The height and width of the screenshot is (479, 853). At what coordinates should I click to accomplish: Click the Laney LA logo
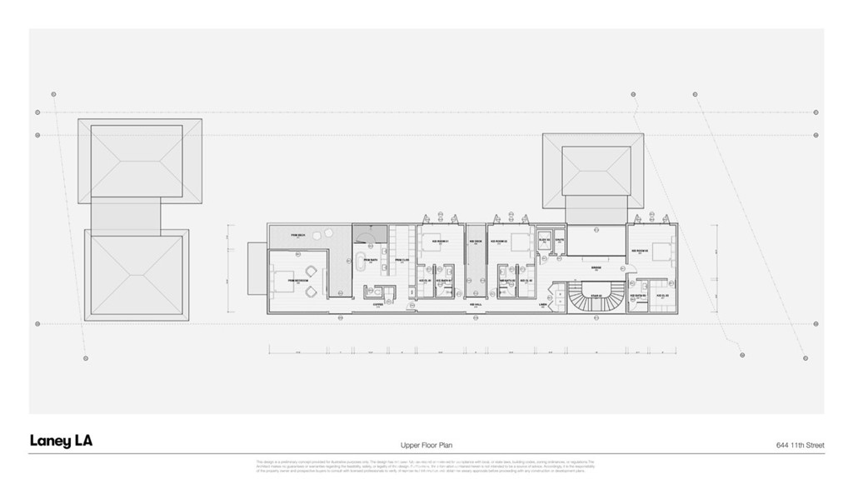click(x=61, y=441)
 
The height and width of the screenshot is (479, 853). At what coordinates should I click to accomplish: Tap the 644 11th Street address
click(x=799, y=446)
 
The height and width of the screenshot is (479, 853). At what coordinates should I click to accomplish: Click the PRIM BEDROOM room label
click(x=298, y=281)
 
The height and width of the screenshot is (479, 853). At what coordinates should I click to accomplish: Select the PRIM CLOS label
click(x=401, y=261)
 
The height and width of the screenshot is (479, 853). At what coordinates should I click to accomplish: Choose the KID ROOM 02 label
click(x=499, y=242)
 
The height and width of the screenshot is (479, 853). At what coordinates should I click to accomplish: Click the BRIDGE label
click(x=596, y=268)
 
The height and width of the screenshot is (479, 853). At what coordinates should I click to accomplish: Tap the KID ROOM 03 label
click(x=639, y=250)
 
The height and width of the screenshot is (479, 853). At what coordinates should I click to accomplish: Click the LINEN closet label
click(x=543, y=305)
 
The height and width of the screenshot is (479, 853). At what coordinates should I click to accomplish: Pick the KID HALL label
click(x=476, y=305)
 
